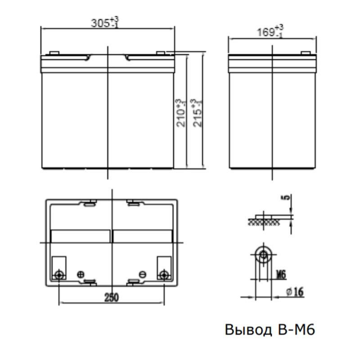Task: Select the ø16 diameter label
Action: click(295, 292)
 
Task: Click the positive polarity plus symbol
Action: click(81, 274)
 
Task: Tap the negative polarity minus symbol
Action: click(142, 274)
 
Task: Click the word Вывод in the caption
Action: click(247, 330)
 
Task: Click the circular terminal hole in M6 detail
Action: click(262, 256)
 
